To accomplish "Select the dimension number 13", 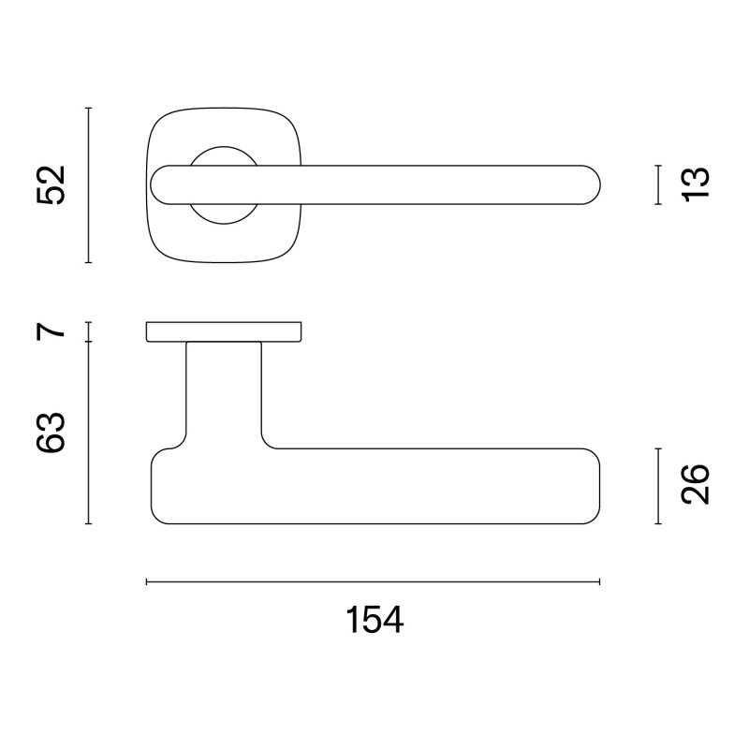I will [697, 184].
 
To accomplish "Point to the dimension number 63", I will [51, 433].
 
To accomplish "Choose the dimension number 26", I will [697, 484].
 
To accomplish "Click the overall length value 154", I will [374, 620].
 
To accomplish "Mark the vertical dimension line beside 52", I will [88, 185].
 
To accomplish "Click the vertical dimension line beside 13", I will [659, 184].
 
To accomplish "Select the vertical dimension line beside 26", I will [659, 485].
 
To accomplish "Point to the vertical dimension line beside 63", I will [88, 433].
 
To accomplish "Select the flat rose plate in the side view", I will [224, 331].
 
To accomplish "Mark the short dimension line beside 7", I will [88, 331].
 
